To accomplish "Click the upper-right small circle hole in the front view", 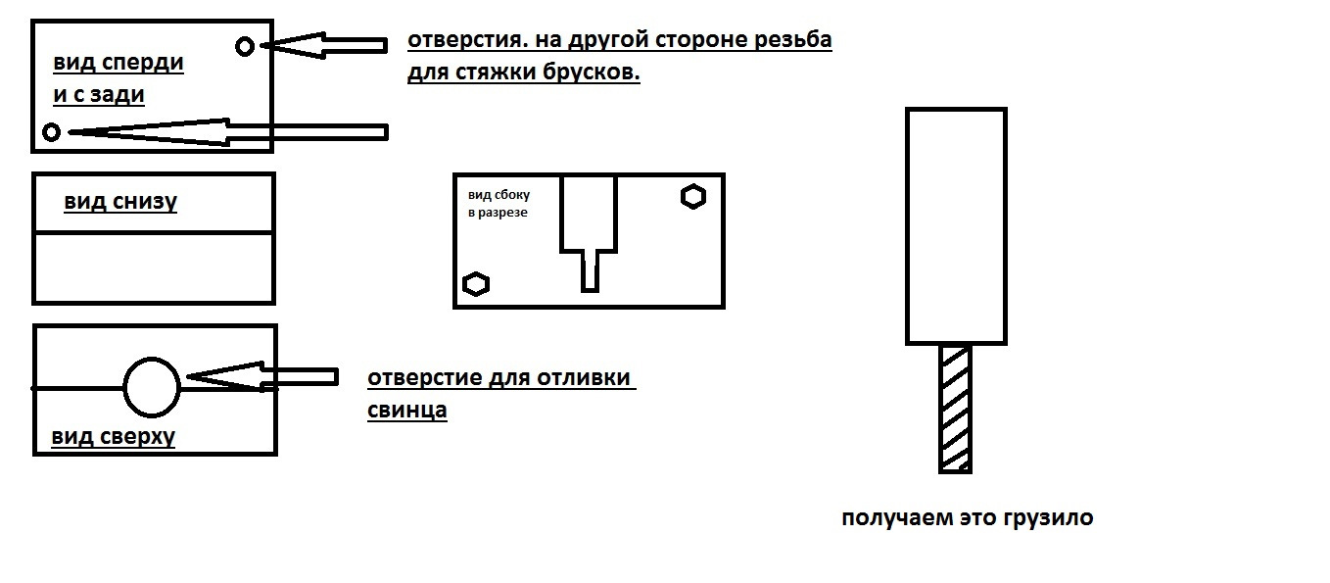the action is coord(245,46).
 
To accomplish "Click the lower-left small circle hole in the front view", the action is coord(52,132).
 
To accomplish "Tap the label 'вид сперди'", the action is coord(119,63).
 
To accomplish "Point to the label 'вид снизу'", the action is coord(119,202).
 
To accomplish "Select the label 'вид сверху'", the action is coord(113,437).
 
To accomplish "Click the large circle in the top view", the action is coord(152,387).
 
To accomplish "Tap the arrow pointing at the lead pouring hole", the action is coord(262,377).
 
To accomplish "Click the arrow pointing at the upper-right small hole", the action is coord(324,45).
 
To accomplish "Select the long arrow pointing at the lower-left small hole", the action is coord(228,132).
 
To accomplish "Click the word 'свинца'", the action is coord(406,411).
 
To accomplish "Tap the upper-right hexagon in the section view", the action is coord(692,197).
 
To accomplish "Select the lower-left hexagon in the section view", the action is coord(476,284).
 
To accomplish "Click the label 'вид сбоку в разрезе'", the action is coord(499,203).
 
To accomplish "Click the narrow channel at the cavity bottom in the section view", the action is coord(589,270).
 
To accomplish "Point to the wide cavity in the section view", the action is coord(589,213).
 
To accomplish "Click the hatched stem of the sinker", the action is coord(955,409).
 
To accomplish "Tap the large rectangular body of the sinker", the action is coord(956,225).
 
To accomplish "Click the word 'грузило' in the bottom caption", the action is coord(1049,518).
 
